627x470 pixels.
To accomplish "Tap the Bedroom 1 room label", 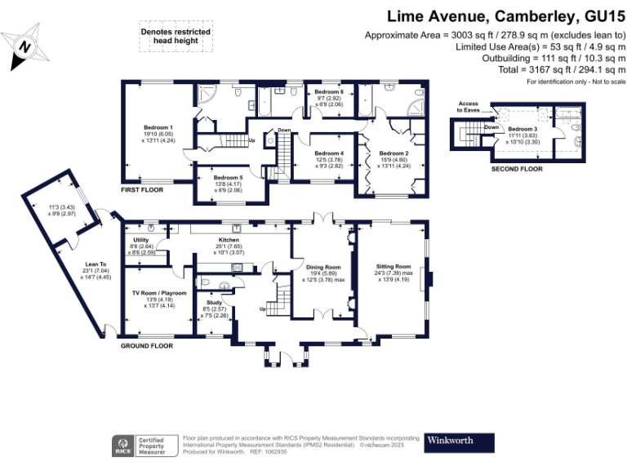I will (158, 127).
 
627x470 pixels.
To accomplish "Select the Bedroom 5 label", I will (228, 177).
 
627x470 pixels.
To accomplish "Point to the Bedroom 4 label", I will (329, 153).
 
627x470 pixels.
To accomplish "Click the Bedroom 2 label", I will (394, 153).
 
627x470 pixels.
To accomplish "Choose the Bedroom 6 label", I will (329, 92).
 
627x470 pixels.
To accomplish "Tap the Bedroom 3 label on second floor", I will (523, 129).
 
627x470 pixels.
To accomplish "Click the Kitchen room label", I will (227, 240).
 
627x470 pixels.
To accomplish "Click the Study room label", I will (214, 303).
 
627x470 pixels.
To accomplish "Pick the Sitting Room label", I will (393, 266).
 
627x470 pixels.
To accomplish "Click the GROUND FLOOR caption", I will (147, 346).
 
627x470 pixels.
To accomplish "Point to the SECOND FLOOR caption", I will (517, 169).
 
